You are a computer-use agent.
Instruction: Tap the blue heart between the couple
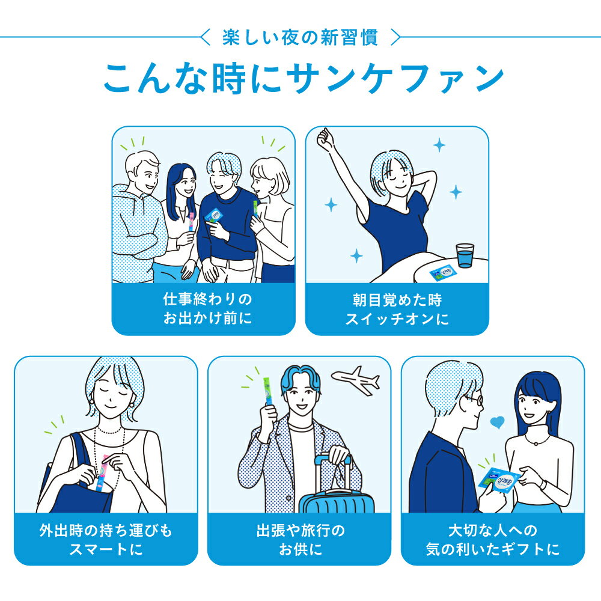click(498, 423)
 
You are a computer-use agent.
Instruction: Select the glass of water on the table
click(465, 255)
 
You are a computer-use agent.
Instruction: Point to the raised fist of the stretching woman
click(325, 139)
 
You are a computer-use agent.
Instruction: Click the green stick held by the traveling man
click(267, 391)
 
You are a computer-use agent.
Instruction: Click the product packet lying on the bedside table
click(444, 272)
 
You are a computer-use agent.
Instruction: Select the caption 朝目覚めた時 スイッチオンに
click(397, 310)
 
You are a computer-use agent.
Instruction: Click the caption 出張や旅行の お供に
click(300, 540)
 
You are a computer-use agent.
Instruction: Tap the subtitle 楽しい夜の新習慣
click(300, 37)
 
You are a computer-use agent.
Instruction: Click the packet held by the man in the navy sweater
click(215, 216)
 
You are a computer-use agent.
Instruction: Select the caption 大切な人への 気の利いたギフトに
click(493, 540)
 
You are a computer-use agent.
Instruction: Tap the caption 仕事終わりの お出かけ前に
click(207, 308)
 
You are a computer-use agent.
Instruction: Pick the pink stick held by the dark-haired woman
click(191, 221)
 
